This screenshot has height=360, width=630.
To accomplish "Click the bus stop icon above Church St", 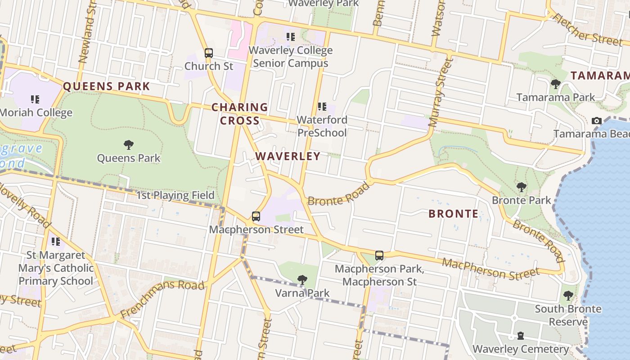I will pyautogui.click(x=208, y=53).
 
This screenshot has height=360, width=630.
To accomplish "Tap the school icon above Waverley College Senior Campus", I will pyautogui.click(x=291, y=37).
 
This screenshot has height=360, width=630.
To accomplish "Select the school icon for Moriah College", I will pyautogui.click(x=35, y=99).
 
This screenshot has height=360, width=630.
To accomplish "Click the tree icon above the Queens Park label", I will pyautogui.click(x=129, y=145).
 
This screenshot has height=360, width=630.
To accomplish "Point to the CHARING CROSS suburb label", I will pyautogui.click(x=240, y=114).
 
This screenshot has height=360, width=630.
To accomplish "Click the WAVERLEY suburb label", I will pyautogui.click(x=288, y=156).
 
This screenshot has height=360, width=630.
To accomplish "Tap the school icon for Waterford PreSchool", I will pyautogui.click(x=322, y=107).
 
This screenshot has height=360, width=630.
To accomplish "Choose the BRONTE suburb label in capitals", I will pyautogui.click(x=453, y=214).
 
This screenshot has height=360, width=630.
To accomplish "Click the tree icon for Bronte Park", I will pyautogui.click(x=522, y=187).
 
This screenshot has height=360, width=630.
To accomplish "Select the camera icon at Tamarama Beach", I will pyautogui.click(x=597, y=121).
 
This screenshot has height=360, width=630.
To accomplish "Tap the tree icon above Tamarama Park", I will pyautogui.click(x=555, y=84).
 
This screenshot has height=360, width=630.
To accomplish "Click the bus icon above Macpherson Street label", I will pyautogui.click(x=256, y=216).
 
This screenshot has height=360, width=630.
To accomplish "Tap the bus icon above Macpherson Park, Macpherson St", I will pyautogui.click(x=379, y=256).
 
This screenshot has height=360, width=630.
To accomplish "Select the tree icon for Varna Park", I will pyautogui.click(x=302, y=280).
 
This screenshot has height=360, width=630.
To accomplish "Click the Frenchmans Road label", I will pyautogui.click(x=162, y=299).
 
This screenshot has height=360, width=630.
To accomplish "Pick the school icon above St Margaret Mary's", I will pyautogui.click(x=56, y=242).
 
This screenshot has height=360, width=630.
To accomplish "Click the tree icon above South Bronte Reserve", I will pyautogui.click(x=568, y=296).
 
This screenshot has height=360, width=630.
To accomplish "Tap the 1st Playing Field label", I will pyautogui.click(x=175, y=195).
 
